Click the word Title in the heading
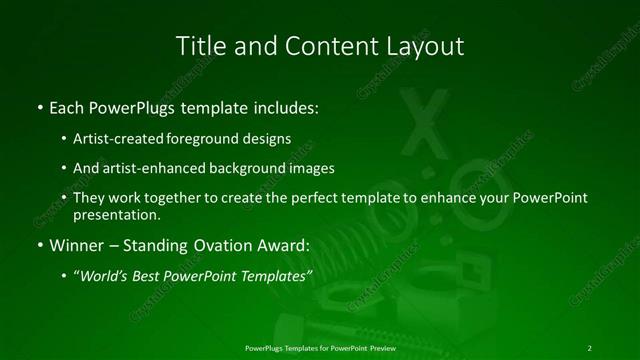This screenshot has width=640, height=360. [199, 46]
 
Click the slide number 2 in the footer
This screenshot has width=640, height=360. [589, 347]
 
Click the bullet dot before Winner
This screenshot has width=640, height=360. [39, 245]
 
